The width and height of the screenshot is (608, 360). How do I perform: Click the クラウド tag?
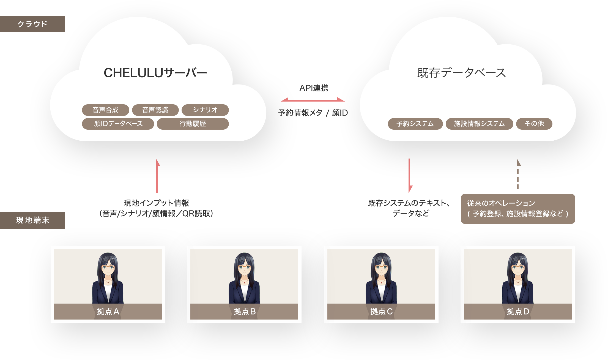tap(32, 24)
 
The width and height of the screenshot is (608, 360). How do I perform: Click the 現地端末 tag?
tap(32, 220)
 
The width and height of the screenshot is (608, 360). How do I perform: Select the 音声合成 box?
tap(106, 110)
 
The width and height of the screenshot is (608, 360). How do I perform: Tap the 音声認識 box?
tap(155, 110)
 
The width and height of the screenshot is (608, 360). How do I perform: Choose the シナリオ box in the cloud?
tap(205, 110)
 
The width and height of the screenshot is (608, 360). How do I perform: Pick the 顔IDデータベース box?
tap(118, 124)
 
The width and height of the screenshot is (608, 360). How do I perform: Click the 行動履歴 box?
tap(193, 124)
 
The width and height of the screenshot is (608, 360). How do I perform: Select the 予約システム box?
tap(415, 124)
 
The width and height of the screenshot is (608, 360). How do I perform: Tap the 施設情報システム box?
tap(479, 124)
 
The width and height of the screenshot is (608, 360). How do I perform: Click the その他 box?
tap(534, 124)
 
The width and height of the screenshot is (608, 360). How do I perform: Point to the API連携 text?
tap(314, 88)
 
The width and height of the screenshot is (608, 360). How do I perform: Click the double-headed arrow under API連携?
tap(313, 100)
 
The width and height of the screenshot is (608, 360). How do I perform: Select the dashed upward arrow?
tap(518, 175)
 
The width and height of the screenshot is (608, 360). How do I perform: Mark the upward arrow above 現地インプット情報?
tap(157, 176)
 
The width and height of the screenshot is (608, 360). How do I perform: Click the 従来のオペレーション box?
tap(518, 209)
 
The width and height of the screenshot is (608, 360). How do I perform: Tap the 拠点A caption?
tap(108, 311)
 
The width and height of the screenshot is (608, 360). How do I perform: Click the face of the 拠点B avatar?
tap(244, 268)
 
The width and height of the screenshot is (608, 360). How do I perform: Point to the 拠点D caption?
tap(518, 311)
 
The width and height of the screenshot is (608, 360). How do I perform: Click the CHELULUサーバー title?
tap(155, 73)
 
